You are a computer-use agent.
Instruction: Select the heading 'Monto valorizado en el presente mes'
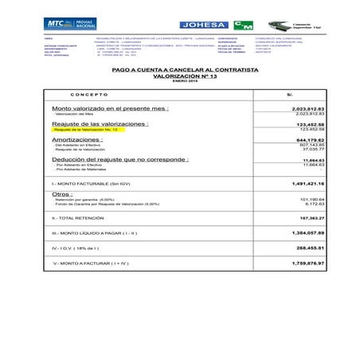click(x=110, y=108)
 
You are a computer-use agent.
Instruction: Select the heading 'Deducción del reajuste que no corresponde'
click(x=120, y=159)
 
